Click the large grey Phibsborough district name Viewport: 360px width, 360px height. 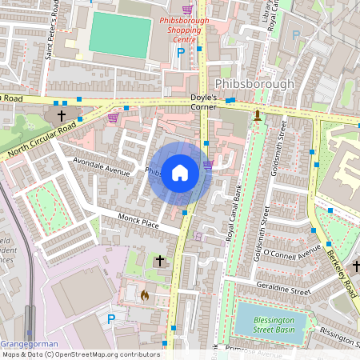pyautogui.click(x=255, y=84)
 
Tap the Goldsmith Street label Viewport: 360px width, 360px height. pyautogui.click(x=278, y=160)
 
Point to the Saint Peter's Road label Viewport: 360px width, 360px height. pyautogui.click(x=53, y=33)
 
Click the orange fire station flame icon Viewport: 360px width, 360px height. pyautogui.click(x=145, y=295)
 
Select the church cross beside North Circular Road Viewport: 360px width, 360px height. pyautogui.click(x=62, y=115)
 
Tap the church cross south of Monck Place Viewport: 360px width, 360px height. pyautogui.click(x=159, y=261)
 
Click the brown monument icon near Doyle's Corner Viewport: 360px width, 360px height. pyautogui.click(x=258, y=115)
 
